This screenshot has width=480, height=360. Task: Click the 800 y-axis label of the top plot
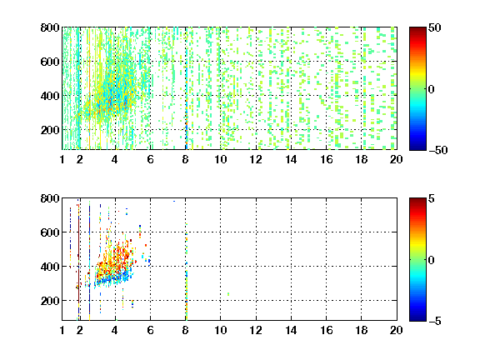click(x=50, y=27)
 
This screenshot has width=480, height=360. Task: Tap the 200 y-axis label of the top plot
click(x=50, y=130)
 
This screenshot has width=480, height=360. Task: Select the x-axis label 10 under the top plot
click(x=220, y=159)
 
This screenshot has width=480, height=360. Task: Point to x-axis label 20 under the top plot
click(x=396, y=159)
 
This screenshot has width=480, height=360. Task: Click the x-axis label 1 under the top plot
click(x=62, y=159)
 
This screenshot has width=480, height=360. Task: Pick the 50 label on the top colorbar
click(x=435, y=27)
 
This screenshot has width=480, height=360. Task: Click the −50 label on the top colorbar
click(x=438, y=150)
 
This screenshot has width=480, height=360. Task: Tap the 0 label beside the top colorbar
click(x=431, y=89)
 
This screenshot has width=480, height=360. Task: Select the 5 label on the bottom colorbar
click(x=432, y=198)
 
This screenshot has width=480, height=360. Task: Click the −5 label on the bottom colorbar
click(x=435, y=321)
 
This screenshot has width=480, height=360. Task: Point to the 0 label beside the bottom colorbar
click(x=431, y=260)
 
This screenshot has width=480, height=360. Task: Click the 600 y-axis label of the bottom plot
click(x=50, y=232)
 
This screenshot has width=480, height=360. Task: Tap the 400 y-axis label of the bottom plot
click(x=50, y=267)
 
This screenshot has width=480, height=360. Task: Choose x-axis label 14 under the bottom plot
click(x=291, y=330)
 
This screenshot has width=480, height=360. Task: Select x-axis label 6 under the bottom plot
click(x=150, y=330)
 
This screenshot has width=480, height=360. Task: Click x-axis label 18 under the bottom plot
click(x=361, y=330)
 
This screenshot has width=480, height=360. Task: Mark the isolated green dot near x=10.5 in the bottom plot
click(x=228, y=294)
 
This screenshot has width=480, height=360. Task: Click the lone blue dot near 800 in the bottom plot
click(x=174, y=201)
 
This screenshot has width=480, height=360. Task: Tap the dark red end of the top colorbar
click(x=417, y=30)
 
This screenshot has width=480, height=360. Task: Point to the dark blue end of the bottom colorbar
click(x=417, y=318)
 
